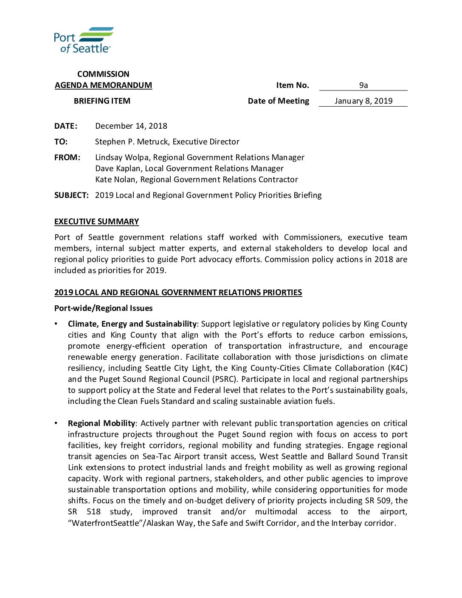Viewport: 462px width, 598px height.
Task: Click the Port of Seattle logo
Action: [x=84, y=40]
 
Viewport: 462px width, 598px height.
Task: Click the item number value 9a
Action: [x=363, y=85]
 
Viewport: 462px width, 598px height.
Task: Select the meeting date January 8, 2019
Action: [x=363, y=101]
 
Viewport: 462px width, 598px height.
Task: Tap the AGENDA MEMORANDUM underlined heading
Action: [x=103, y=85]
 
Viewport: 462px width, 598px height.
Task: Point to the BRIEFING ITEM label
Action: [x=102, y=101]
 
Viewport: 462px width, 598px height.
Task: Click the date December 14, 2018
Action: [x=131, y=126]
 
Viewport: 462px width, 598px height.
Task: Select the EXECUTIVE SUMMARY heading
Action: [x=96, y=222]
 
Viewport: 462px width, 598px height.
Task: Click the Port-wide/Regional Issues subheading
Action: [x=103, y=308]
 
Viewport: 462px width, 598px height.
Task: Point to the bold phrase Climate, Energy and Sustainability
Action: [x=132, y=324]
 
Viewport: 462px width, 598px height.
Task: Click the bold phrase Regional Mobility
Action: [x=101, y=423]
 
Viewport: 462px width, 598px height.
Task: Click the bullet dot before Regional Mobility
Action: [x=56, y=423]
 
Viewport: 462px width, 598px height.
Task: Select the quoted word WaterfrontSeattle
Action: [x=106, y=523]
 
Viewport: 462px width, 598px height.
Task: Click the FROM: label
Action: [x=67, y=158]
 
